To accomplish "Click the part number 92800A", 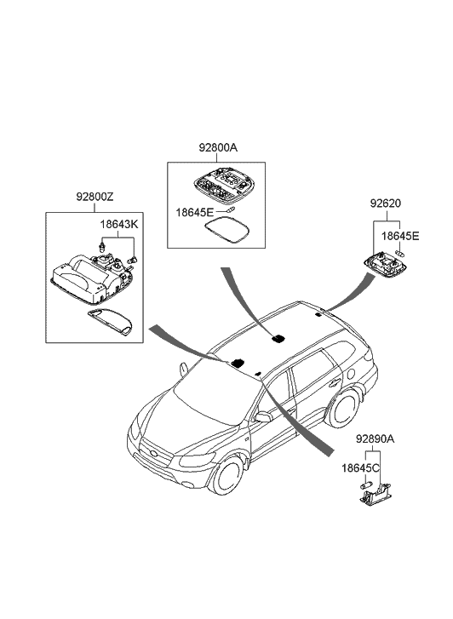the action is tap(218, 148).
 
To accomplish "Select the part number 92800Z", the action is tap(95, 196).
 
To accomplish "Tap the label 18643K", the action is tap(119, 225).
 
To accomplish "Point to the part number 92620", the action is tap(385, 203).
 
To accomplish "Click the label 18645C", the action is tap(360, 468).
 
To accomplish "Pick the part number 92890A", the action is tap(375, 438).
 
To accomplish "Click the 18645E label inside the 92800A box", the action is tap(194, 212).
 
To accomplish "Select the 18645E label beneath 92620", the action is tap(400, 236).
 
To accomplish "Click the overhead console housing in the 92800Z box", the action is tap(92, 278).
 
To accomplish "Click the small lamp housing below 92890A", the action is tap(376, 495).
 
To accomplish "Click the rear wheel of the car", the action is tap(343, 409).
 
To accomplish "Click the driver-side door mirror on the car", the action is tap(262, 417).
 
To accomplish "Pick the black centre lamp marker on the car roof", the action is tap(278, 338).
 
